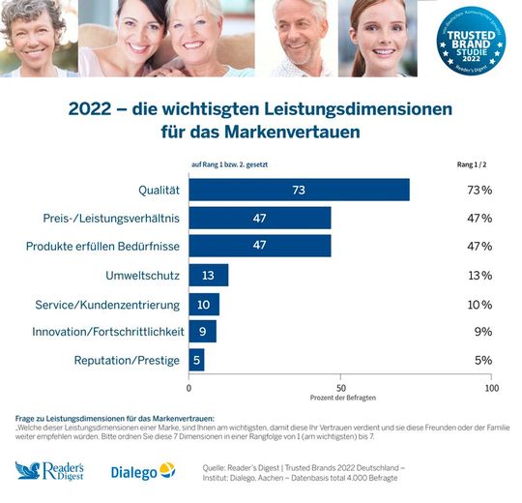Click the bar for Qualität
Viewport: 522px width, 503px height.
pyautogui.click(x=299, y=190)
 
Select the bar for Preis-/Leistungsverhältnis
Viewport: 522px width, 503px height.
pyautogui.click(x=260, y=218)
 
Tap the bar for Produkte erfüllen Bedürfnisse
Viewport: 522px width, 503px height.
pyautogui.click(x=260, y=247)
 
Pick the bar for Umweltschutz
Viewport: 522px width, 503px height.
pyautogui.click(x=208, y=276)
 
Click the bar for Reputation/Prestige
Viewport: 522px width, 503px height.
pyautogui.click(x=196, y=361)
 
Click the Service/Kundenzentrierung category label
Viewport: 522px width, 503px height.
pyautogui.click(x=107, y=304)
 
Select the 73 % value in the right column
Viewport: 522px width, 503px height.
pyautogui.click(x=479, y=190)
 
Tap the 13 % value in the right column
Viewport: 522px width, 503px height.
pyautogui.click(x=479, y=276)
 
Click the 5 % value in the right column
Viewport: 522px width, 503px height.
pyautogui.click(x=481, y=361)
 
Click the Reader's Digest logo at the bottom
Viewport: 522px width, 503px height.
pyautogui.click(x=54, y=471)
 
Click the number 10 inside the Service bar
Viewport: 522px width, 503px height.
pyautogui.click(x=204, y=304)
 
